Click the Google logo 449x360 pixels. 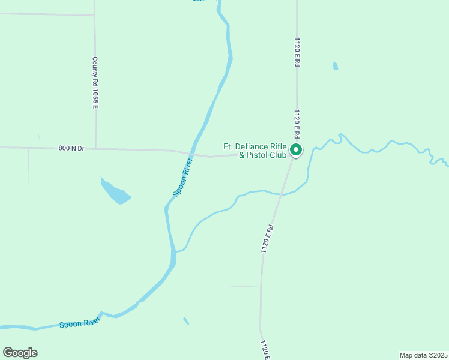(20, 353)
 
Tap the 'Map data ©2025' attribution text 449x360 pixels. (423, 355)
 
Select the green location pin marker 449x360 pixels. (296, 149)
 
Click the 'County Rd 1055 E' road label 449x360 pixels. (95, 83)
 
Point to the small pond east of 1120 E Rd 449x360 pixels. (336, 66)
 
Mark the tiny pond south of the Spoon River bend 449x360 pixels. (186, 321)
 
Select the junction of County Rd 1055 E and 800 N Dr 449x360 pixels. (96, 148)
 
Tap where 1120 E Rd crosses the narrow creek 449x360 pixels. (280, 194)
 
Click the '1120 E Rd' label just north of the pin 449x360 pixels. (297, 122)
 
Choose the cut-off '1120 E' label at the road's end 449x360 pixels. (264, 350)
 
